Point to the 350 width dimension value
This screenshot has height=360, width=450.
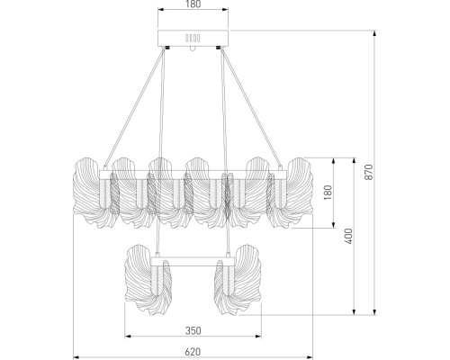click(x=191, y=319)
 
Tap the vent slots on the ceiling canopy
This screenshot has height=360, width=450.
click(x=191, y=39)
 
